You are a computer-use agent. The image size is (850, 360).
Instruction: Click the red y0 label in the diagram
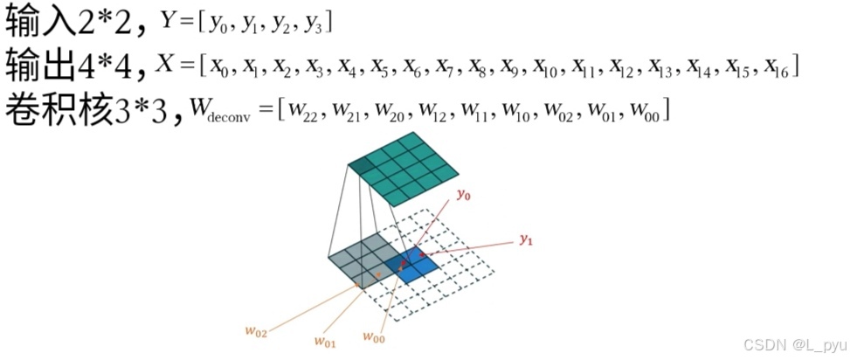[463, 195]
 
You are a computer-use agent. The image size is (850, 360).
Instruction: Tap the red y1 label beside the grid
[525, 239]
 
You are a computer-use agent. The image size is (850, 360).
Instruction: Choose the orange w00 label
[373, 337]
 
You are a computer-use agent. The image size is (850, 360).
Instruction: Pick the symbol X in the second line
[164, 65]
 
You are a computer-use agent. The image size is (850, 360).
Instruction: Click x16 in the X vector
[776, 67]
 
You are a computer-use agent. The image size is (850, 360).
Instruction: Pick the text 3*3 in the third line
[143, 109]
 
